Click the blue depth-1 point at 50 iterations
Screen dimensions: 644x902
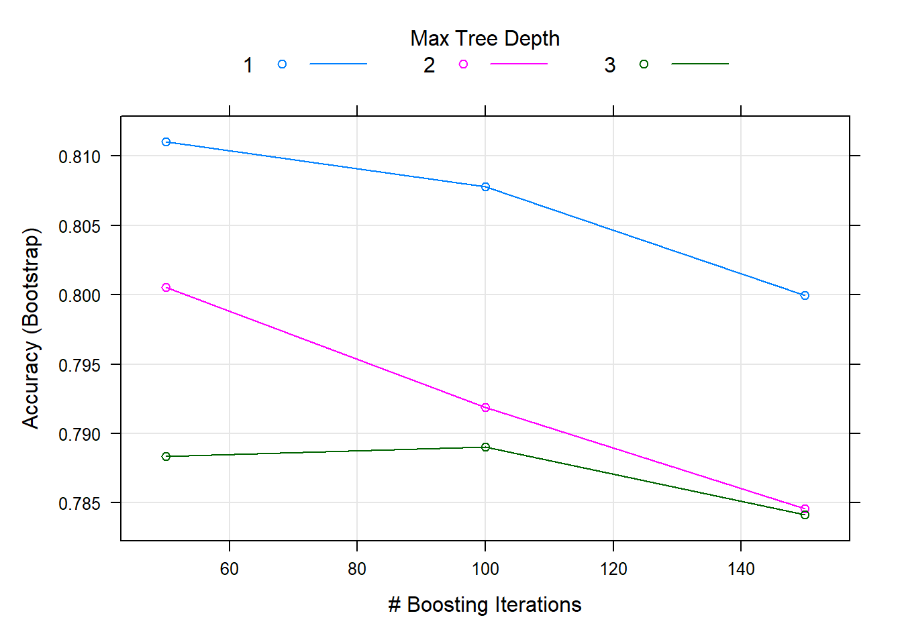166,142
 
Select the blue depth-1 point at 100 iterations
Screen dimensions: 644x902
485,187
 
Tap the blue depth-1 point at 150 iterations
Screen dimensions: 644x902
805,296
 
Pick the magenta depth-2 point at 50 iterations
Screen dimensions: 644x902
166,288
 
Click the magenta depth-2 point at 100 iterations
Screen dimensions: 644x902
485,408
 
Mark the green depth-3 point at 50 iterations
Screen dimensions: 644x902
166,457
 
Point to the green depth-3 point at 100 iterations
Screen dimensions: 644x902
485,447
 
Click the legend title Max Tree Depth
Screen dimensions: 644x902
485,39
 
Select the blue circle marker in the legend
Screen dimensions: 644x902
282,64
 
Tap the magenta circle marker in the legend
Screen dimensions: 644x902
463,64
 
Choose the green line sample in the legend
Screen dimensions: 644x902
699,64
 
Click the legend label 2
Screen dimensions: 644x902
430,65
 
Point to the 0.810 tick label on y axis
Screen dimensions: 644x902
79,157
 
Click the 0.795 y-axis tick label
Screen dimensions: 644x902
79,366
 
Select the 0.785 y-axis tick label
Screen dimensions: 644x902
79,504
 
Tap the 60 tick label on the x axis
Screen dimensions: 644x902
230,569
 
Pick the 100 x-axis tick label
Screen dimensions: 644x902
485,569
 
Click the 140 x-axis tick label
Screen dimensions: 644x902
741,569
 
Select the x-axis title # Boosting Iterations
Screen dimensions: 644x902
485,605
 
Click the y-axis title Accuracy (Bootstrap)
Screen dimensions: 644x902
32,328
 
